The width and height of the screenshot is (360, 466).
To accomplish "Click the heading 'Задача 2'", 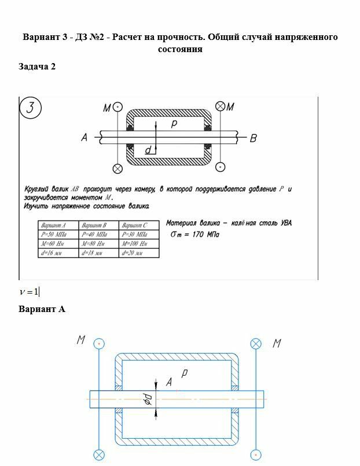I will click(x=37, y=67).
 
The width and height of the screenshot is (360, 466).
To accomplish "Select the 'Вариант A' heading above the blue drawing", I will click(x=42, y=309).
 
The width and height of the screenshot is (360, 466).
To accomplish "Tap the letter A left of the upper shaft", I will click(x=84, y=138).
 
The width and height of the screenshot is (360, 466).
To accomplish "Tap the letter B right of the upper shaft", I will click(x=253, y=138).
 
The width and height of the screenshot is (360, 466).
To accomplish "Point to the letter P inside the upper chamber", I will click(x=174, y=124).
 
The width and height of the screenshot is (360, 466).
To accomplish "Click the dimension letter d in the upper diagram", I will click(x=148, y=151).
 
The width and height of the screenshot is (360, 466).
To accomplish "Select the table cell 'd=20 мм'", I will click(x=132, y=254).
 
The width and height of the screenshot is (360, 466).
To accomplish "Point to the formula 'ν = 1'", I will click(x=29, y=291).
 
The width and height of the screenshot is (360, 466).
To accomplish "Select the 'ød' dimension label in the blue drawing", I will click(x=148, y=399).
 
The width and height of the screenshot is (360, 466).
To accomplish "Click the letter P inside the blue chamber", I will click(x=184, y=373).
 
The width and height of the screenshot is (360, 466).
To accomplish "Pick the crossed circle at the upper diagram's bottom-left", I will click(x=117, y=168).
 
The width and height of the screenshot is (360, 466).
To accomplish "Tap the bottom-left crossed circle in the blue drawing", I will click(x=100, y=454).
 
